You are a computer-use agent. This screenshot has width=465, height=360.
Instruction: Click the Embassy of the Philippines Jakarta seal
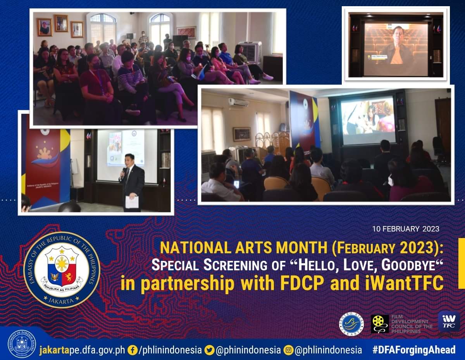[62, 269]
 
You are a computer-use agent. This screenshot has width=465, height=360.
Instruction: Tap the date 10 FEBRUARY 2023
[406, 229]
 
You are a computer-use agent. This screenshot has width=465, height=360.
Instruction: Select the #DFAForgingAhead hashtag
[414, 350]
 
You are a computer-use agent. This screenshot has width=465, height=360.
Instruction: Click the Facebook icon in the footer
[133, 350]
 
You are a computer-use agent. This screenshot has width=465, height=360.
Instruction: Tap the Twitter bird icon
[210, 350]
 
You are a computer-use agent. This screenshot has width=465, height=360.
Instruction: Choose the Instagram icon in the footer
[288, 350]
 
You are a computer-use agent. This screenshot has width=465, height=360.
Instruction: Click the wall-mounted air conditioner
[238, 102]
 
